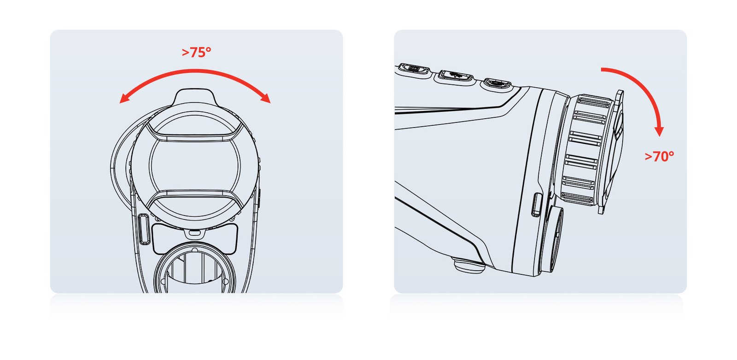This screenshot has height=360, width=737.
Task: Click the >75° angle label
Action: click(196, 52)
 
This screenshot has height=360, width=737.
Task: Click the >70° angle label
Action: click(659, 157)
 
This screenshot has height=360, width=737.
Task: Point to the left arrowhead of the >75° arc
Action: click(124, 99)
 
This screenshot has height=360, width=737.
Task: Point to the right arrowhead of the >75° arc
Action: click(265, 98)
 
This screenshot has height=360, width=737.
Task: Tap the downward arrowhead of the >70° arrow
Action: click(659, 131)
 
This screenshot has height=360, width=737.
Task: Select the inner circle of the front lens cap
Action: click(195, 165)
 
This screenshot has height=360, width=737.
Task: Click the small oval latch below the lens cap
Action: click(194, 233)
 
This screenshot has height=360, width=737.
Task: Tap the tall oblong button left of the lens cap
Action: click(143, 229)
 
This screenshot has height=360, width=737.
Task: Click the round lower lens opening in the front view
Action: click(195, 268)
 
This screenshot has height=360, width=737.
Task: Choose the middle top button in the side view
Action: click(456, 76)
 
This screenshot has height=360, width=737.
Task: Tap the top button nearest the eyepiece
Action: click(497, 82)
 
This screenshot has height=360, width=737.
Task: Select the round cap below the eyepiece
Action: click(550, 239)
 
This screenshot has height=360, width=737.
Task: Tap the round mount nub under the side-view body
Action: click(469, 265)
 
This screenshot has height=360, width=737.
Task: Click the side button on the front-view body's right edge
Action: click(259, 199)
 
